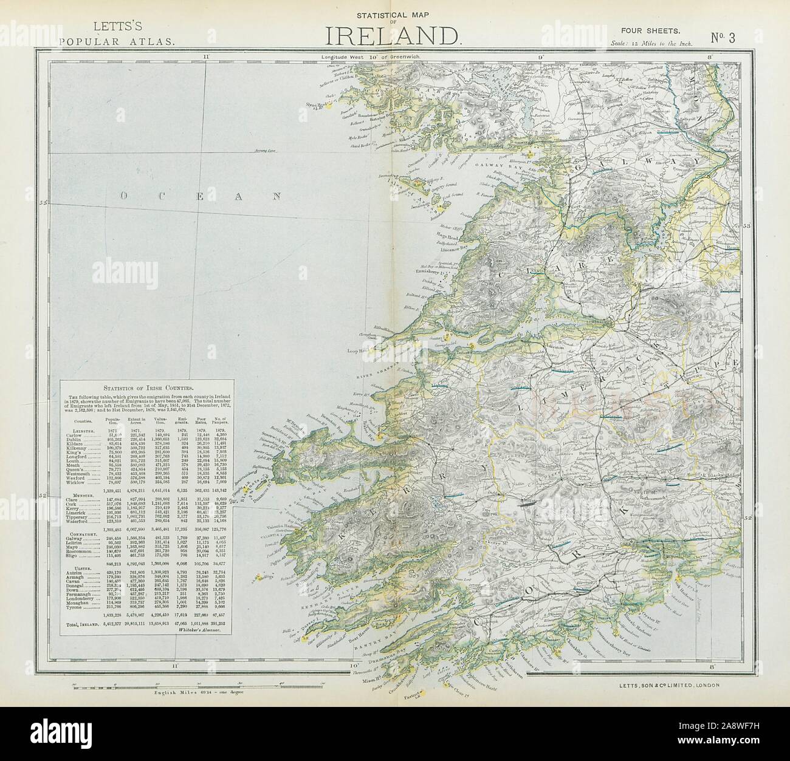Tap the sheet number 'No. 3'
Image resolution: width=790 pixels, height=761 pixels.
point(723,37)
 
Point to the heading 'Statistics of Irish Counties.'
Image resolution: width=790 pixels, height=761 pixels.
point(148,387)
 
